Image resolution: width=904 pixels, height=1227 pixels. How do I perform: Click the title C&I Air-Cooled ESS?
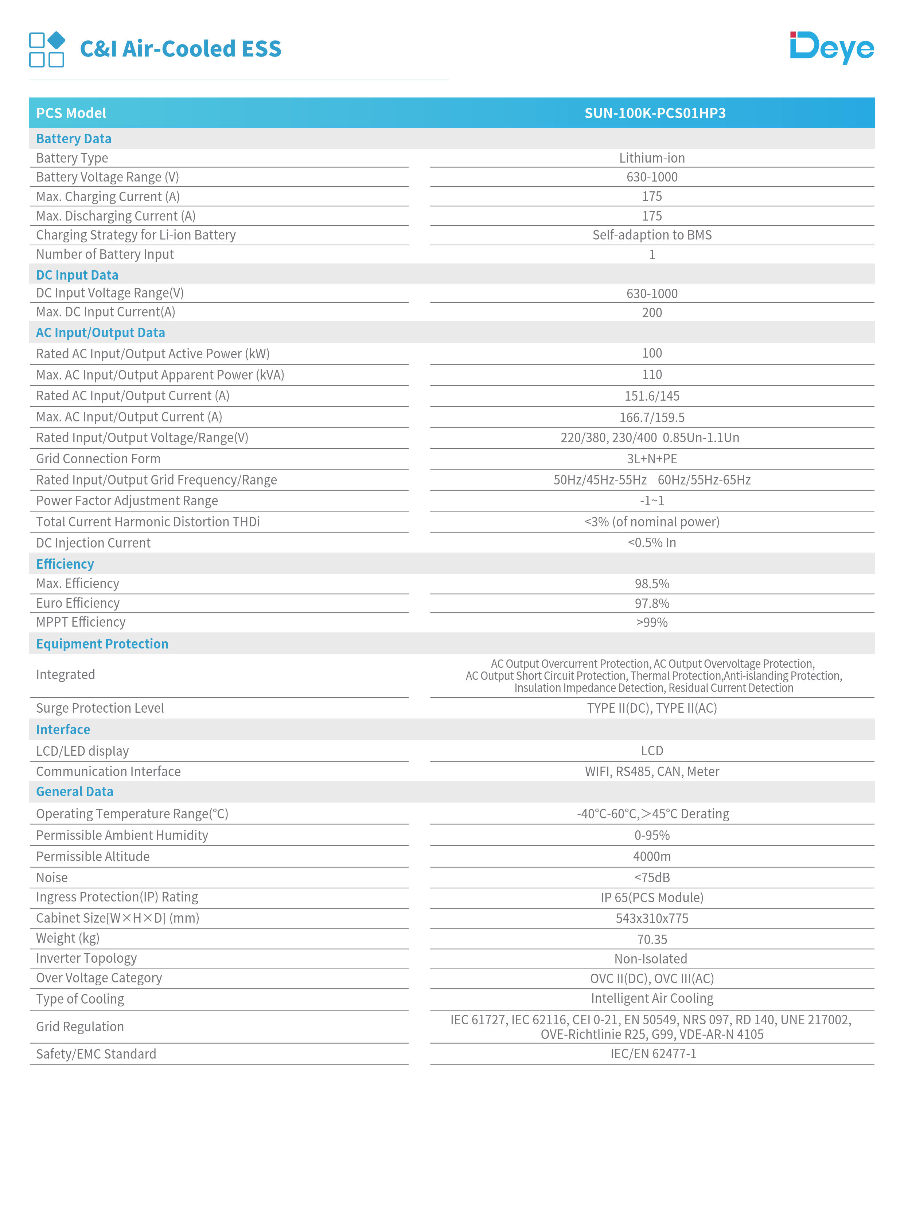[x=180, y=49]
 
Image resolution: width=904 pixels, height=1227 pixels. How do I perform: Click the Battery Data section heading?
[x=74, y=139]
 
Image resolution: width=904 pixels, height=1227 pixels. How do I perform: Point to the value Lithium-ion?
[x=652, y=158]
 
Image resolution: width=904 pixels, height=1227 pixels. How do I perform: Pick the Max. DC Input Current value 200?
[x=652, y=312]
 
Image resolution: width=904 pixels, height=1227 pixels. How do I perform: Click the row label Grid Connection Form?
[x=98, y=459]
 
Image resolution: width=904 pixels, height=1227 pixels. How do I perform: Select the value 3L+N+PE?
[x=652, y=459]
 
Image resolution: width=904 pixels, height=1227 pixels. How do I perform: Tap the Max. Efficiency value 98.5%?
[x=652, y=584]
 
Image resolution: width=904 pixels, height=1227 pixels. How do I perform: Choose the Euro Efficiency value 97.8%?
[x=652, y=603]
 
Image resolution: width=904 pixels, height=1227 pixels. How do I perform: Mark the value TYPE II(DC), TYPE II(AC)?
[x=652, y=708]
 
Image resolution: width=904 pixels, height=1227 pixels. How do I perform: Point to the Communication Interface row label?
[x=108, y=772]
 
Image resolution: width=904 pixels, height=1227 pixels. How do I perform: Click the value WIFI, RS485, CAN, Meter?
[x=652, y=772]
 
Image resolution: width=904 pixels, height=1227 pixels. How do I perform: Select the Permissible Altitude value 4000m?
[x=652, y=857]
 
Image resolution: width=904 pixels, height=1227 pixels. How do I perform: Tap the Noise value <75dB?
[x=652, y=877]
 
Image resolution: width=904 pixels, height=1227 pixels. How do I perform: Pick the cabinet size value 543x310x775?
[x=652, y=918]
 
